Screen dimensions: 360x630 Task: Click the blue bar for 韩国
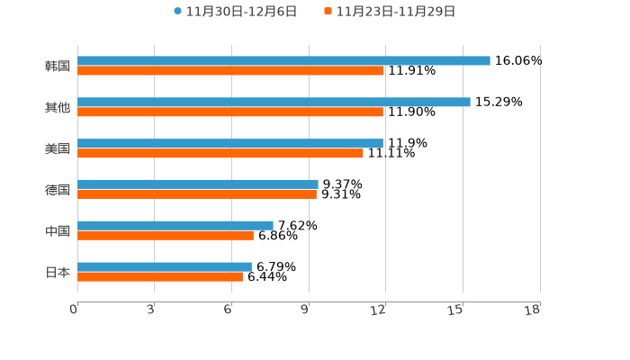[x=283, y=61]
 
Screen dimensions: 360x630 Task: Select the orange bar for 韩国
[x=230, y=71]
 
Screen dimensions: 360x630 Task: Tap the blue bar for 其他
[x=274, y=103]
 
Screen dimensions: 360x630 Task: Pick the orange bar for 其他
[x=230, y=112]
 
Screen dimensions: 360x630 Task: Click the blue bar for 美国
[x=230, y=144]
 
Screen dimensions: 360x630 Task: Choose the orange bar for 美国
[x=220, y=154]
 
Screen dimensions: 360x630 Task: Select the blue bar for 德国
[x=198, y=184]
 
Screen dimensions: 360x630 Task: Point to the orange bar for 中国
[x=166, y=236]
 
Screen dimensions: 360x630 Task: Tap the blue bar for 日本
[x=165, y=267]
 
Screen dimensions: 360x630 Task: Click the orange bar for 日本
[x=160, y=277]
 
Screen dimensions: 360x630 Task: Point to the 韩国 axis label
[x=58, y=67]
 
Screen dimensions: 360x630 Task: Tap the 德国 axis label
[x=58, y=190]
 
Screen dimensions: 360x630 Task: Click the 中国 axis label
[x=58, y=231]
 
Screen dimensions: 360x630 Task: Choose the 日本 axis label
[x=58, y=273]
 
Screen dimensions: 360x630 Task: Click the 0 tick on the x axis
[x=75, y=310]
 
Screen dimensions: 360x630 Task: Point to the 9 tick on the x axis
[x=306, y=310]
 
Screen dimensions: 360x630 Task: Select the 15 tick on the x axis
[x=458, y=310]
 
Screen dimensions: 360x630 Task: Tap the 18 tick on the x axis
[x=534, y=310]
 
